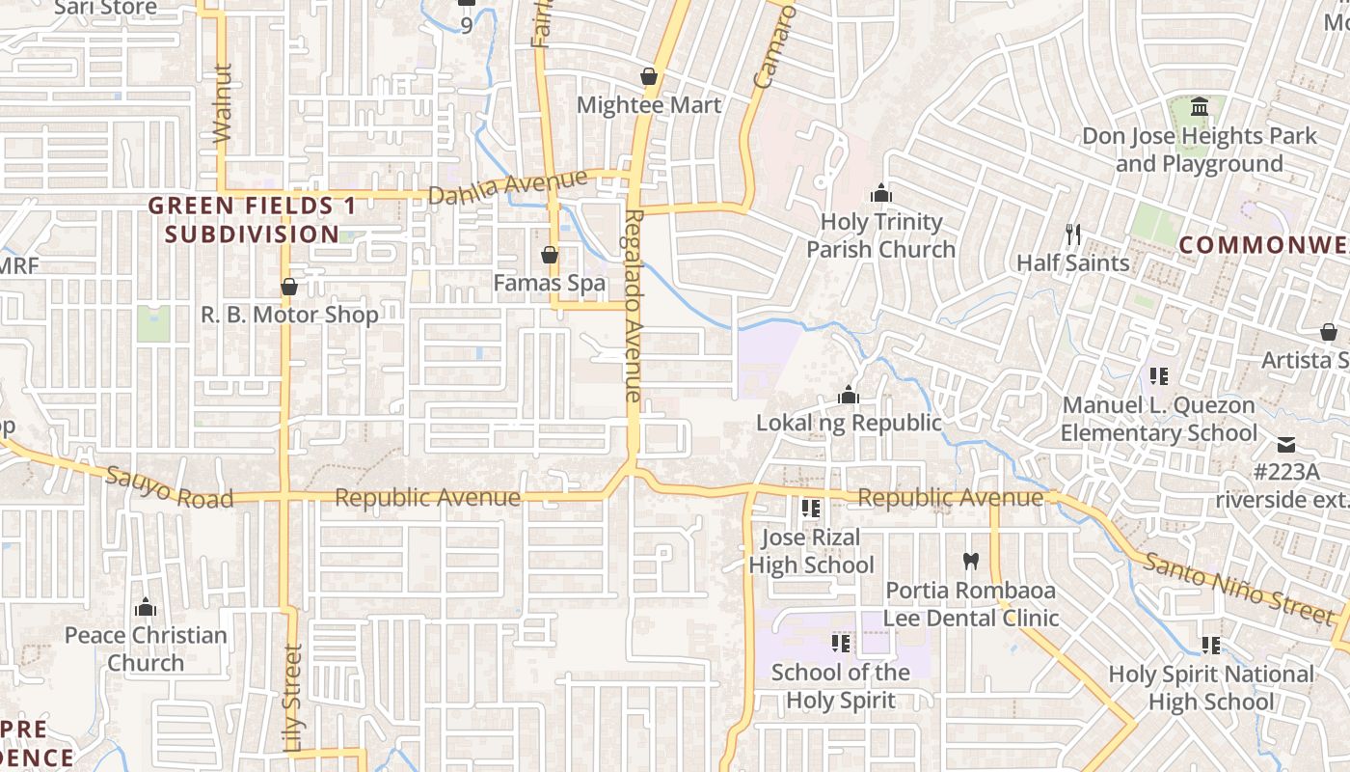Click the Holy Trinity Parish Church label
click(880, 235)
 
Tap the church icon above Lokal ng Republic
click(849, 395)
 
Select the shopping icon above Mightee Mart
click(649, 76)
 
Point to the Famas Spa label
click(550, 283)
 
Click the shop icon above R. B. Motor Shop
click(288, 287)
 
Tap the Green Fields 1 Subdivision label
click(252, 219)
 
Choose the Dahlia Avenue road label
click(507, 187)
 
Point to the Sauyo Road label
click(170, 487)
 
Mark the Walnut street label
click(223, 103)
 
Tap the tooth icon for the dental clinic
click(970, 561)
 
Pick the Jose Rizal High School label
click(811, 551)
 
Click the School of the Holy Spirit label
click(841, 686)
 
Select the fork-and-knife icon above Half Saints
click(1072, 234)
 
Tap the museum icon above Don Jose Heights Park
click(1200, 105)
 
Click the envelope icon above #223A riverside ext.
click(1286, 445)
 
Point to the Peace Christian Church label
click(146, 648)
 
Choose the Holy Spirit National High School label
click(1211, 687)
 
